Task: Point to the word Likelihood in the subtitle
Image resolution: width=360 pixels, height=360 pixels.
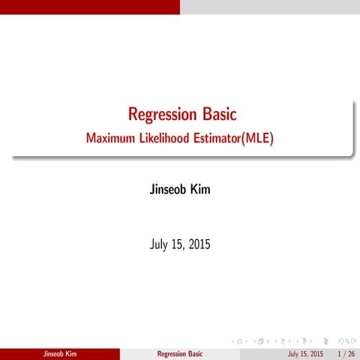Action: (171, 139)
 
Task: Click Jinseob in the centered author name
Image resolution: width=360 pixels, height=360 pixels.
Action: (166, 190)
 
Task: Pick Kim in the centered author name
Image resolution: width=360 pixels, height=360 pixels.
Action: (199, 190)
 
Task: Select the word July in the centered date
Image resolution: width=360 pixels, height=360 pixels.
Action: (159, 244)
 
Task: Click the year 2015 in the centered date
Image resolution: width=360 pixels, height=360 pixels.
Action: (198, 244)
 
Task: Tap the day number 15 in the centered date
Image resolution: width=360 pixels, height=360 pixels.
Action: (177, 244)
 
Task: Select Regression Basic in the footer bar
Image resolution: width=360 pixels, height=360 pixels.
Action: (180, 353)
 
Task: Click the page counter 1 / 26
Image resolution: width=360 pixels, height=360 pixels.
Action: (346, 353)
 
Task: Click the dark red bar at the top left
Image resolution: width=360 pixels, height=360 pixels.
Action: (90, 7)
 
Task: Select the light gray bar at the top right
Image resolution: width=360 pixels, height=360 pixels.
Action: (270, 7)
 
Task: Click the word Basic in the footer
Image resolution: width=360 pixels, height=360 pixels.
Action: (195, 353)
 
